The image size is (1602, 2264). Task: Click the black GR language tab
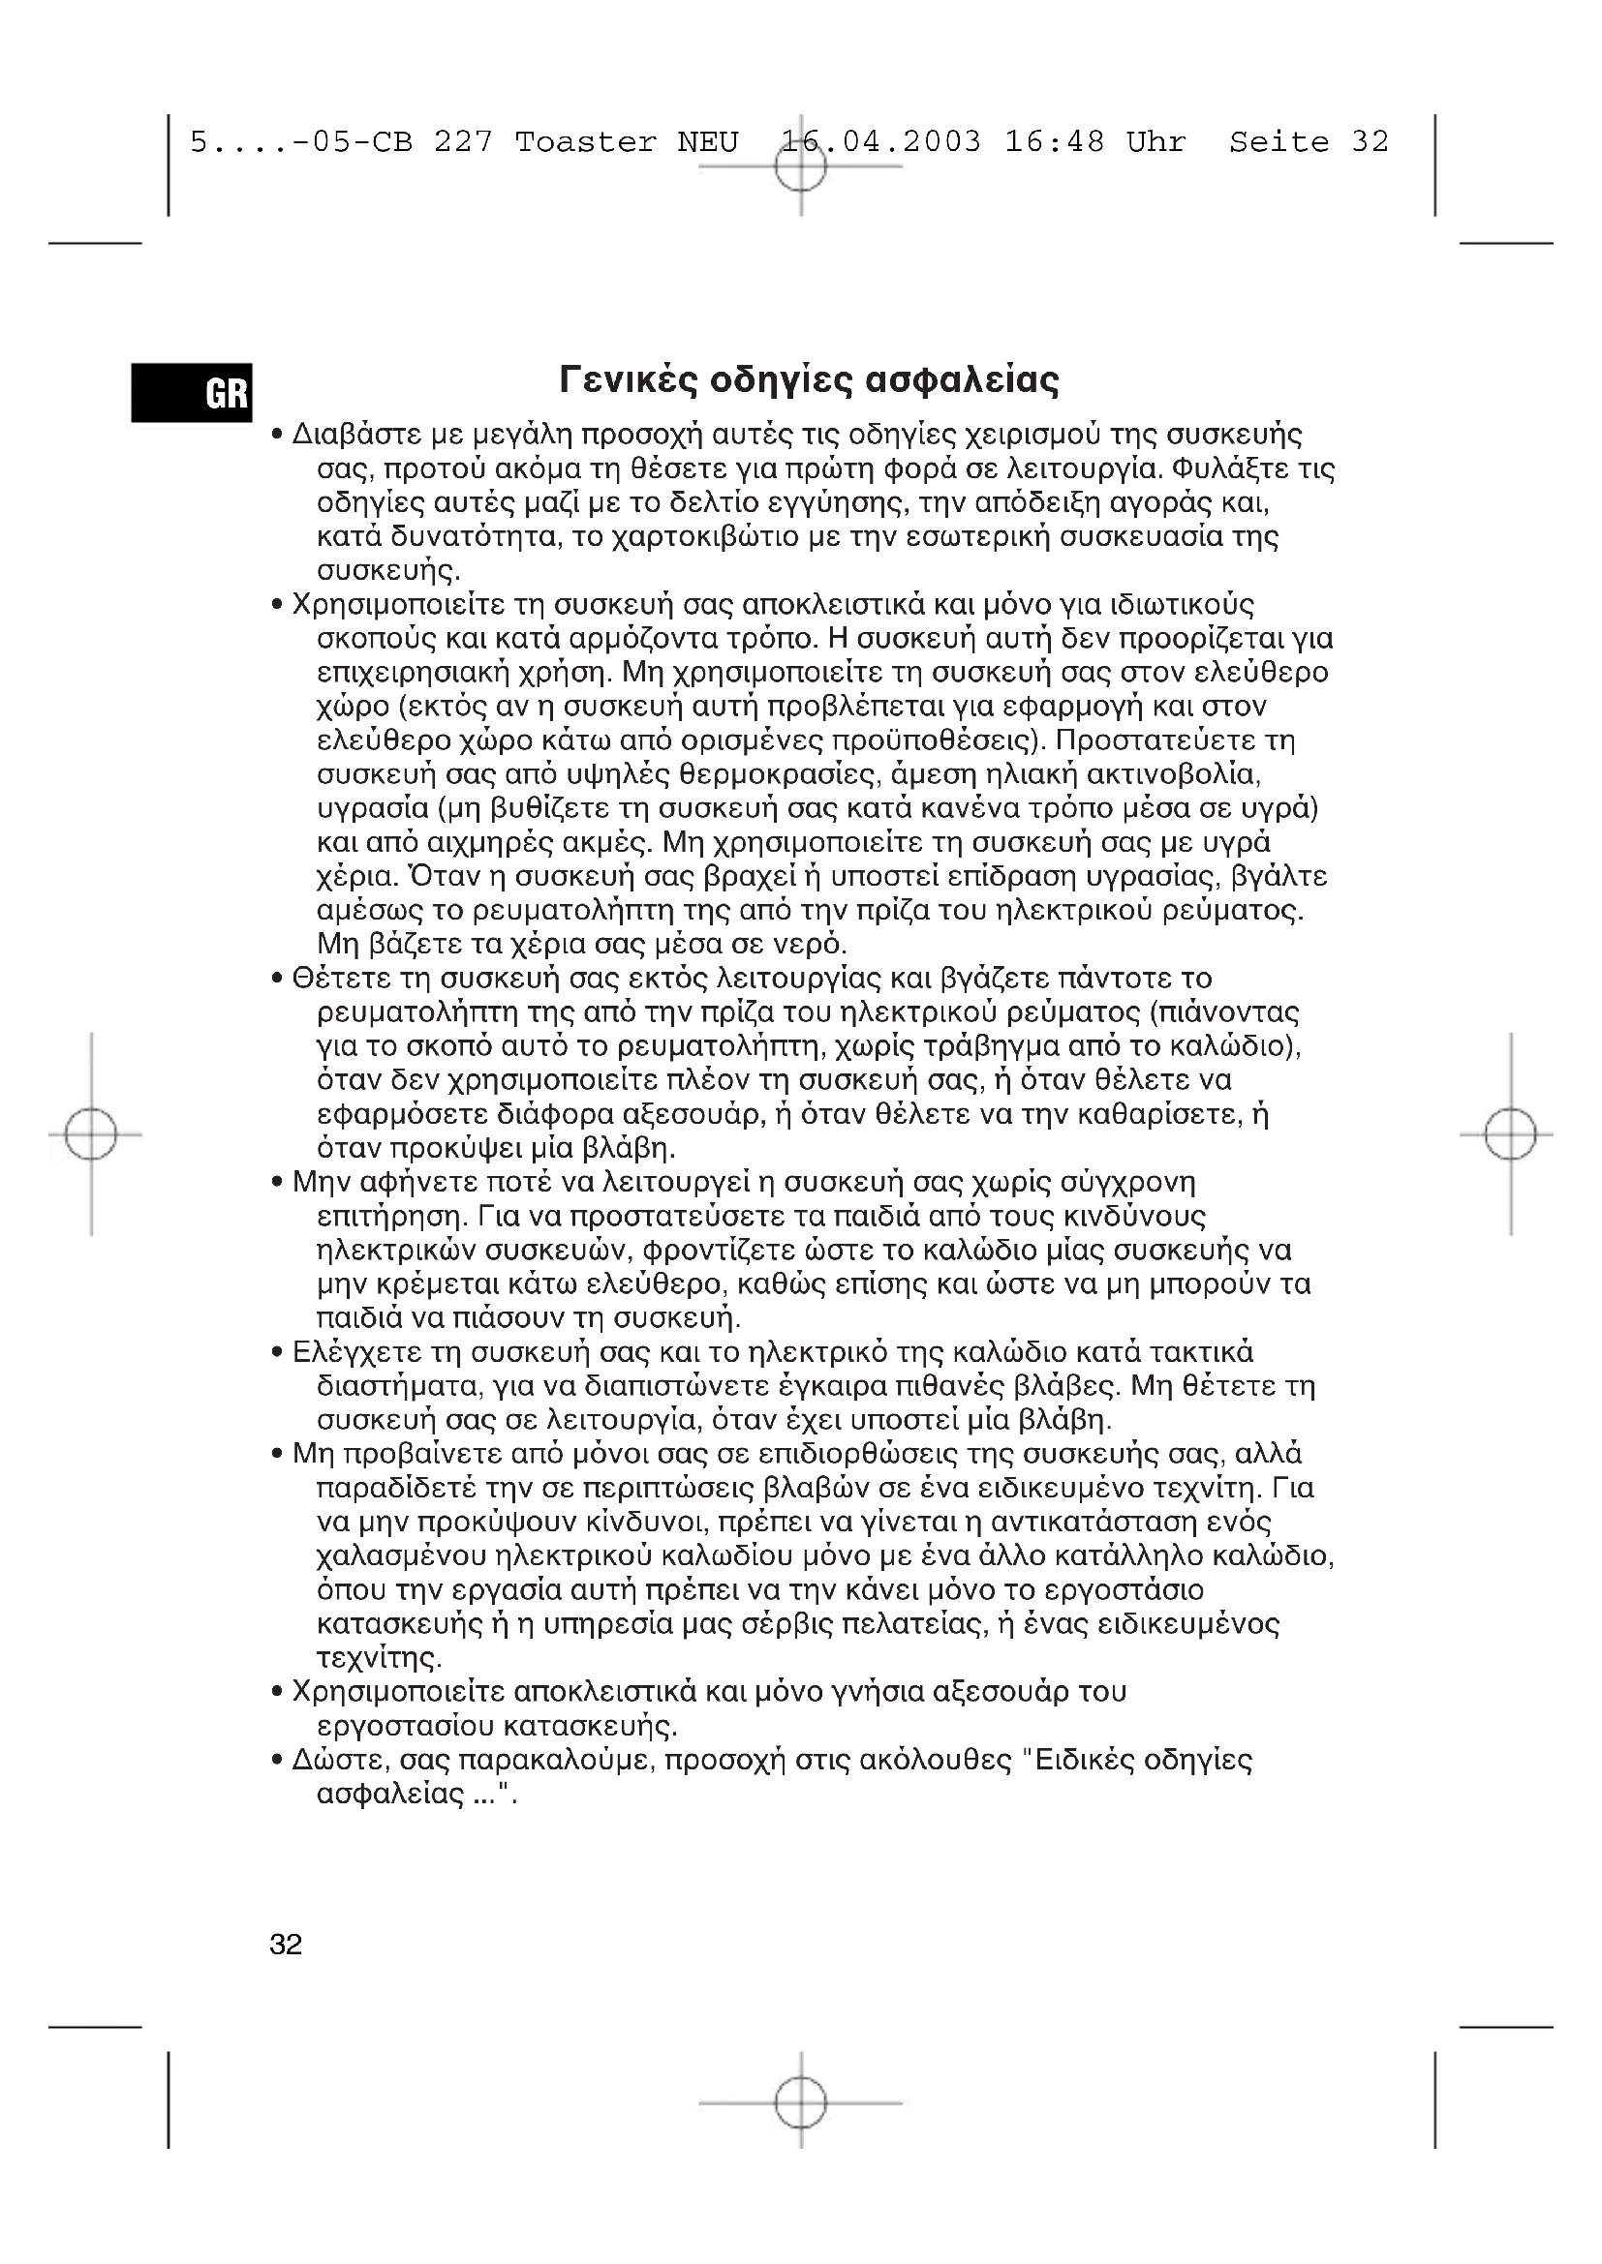click(x=193, y=392)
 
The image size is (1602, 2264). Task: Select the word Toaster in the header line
click(x=585, y=143)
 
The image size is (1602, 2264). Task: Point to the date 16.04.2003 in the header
click(x=880, y=143)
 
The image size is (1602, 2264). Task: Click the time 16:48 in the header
click(x=1055, y=143)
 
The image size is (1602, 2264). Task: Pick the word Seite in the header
click(x=1279, y=143)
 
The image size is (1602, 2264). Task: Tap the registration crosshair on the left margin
click(x=91, y=1134)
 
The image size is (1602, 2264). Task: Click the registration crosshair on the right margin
click(x=1510, y=1134)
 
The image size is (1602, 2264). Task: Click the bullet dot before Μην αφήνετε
click(x=278, y=1183)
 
